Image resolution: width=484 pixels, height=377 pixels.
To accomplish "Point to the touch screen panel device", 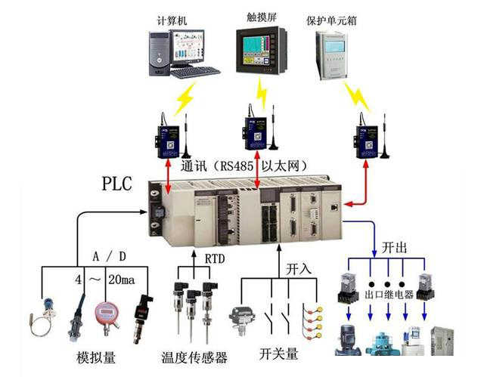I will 262,49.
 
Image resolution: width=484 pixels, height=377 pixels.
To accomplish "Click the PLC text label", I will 121,184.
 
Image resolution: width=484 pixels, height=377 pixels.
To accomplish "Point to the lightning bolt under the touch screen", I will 262,91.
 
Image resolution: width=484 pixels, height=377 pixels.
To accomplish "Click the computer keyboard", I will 194,72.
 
